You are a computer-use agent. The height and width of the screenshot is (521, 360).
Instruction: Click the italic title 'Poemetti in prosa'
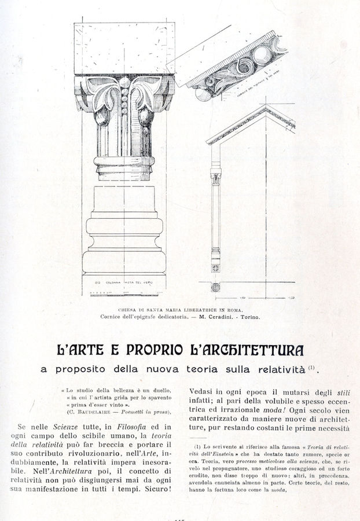(x=146, y=412)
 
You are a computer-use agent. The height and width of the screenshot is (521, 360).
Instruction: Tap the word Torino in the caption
(x=248, y=317)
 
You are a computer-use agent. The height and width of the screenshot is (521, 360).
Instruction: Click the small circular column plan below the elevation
(x=215, y=287)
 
